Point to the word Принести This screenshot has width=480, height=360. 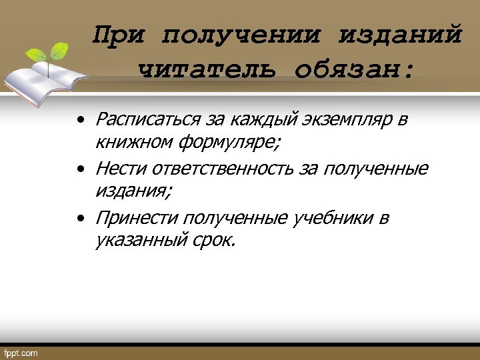[x=137, y=218]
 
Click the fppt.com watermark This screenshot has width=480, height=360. [x=21, y=352]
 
